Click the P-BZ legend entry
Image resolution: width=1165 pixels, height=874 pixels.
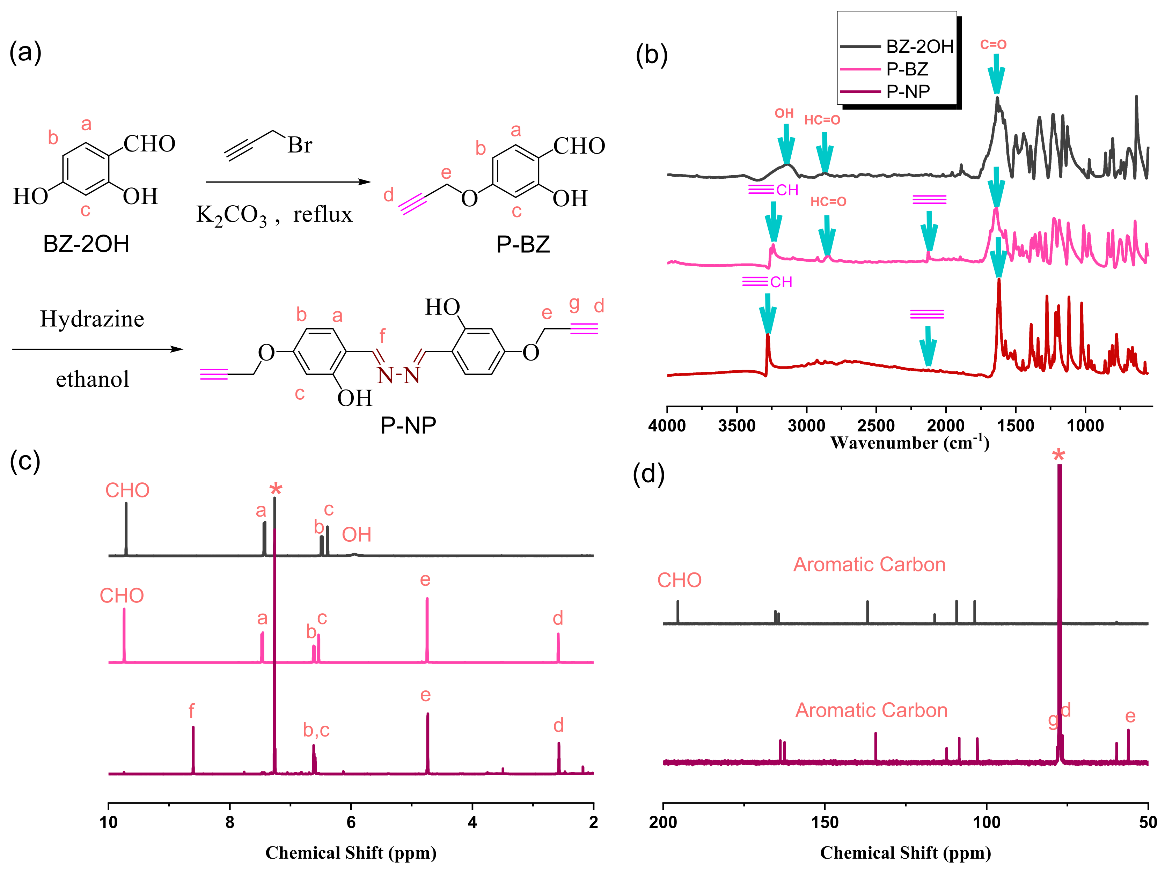tap(907, 69)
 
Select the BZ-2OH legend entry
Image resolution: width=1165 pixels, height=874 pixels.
tap(919, 46)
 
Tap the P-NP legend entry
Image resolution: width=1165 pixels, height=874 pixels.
tap(908, 91)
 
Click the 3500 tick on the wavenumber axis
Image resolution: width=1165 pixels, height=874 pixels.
tap(737, 425)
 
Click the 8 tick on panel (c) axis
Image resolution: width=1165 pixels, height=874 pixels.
tap(230, 822)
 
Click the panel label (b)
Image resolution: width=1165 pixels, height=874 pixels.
tap(652, 55)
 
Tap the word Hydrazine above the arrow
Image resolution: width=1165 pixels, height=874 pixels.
tap(92, 319)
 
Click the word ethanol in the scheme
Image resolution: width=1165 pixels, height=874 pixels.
tap(93, 379)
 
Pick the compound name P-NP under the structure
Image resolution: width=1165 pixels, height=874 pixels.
tap(408, 425)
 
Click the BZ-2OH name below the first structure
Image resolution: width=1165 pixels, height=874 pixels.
tap(86, 244)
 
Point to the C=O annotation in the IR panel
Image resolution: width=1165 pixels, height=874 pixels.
tap(993, 45)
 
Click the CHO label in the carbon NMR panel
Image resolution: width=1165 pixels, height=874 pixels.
tap(679, 580)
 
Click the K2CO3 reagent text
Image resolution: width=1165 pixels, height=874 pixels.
tap(232, 215)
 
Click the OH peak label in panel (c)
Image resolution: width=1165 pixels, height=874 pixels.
tap(357, 535)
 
